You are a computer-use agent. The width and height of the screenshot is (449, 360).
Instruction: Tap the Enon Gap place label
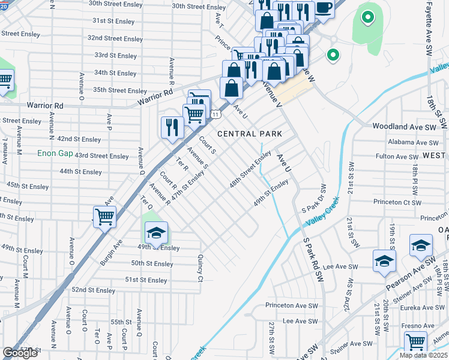tap(55, 154)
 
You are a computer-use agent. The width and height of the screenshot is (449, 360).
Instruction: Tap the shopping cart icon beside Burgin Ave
tap(105, 218)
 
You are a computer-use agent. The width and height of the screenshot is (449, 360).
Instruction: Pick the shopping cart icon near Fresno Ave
tap(415, 343)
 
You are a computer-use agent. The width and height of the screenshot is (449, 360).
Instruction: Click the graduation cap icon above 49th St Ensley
tap(156, 233)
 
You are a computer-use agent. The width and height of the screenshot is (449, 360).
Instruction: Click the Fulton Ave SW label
tap(397, 157)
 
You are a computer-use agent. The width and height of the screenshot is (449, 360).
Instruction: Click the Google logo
tap(20, 353)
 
